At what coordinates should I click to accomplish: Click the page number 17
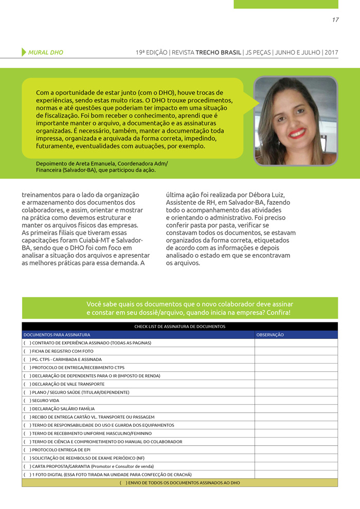tap(335, 20)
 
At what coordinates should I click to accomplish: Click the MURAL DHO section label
tap(46, 52)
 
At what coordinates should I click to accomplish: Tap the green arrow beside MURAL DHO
tap(24, 52)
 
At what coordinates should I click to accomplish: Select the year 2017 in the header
tap(331, 52)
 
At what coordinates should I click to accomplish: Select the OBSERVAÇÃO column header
tap(270, 335)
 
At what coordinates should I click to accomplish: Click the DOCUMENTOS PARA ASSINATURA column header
tap(57, 335)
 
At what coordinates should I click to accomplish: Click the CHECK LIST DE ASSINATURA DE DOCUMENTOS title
tap(179, 326)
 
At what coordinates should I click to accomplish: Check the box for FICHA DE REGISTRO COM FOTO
tap(27, 351)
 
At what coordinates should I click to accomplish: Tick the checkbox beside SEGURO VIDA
tap(27, 401)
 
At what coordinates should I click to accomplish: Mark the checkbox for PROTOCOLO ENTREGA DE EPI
tap(27, 450)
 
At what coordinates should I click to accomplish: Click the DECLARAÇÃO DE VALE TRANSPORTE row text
tap(68, 384)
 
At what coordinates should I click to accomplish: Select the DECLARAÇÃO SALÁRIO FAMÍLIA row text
tap(63, 409)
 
